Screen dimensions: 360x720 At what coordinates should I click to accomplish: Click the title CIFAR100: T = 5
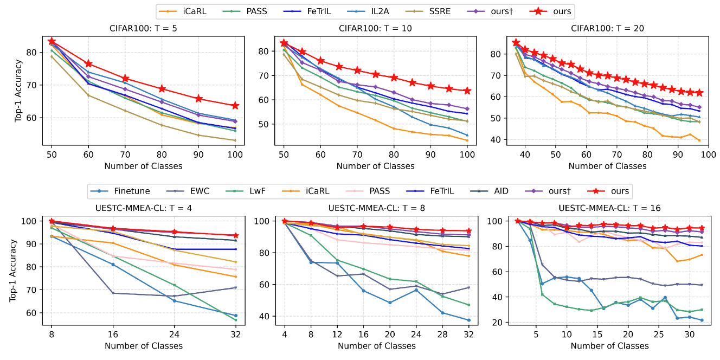(x=143, y=29)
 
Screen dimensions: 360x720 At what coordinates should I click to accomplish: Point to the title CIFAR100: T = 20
(x=609, y=29)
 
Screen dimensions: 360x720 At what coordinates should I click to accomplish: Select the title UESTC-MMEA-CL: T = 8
(x=376, y=208)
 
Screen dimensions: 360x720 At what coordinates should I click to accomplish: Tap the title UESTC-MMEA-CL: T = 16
(x=609, y=208)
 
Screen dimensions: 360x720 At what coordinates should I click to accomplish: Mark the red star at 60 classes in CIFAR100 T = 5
(x=88, y=64)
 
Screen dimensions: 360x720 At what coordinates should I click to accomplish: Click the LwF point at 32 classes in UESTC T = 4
(x=235, y=320)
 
